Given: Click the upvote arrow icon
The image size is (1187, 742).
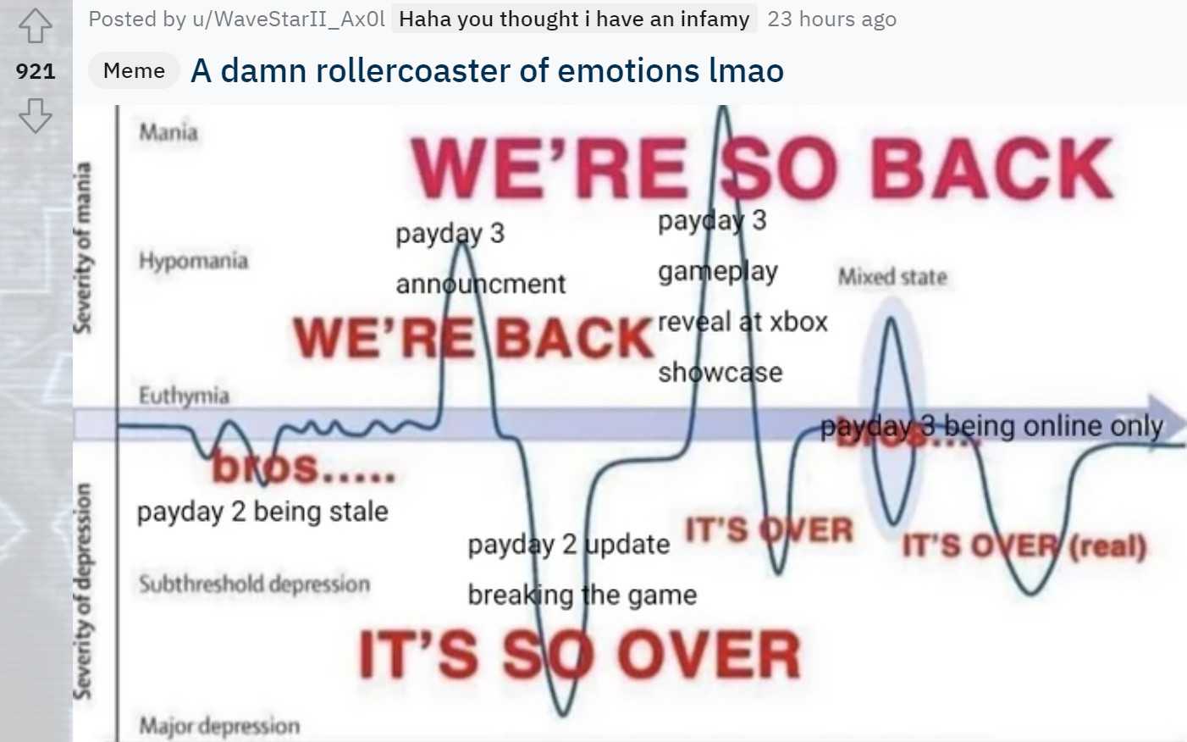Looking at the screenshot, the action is [35, 26].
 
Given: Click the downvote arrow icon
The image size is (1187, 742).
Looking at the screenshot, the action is [35, 115].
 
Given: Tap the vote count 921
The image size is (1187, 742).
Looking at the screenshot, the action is [36, 71].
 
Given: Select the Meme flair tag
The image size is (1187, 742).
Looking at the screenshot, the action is [134, 70].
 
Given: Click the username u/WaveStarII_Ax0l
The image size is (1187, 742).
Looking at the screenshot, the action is [289, 19].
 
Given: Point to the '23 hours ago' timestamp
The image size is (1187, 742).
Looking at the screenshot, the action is [832, 19].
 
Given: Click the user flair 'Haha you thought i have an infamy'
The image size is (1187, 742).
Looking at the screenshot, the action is [574, 19].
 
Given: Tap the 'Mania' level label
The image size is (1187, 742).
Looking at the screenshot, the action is [168, 132].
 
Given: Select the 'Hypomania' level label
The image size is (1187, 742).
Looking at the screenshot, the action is [193, 260].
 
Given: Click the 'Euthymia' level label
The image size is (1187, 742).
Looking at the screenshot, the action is [184, 396].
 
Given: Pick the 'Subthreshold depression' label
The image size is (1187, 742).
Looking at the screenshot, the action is [254, 584].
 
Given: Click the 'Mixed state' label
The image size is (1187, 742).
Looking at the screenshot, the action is [892, 277].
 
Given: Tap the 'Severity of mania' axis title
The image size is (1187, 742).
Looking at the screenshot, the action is [82, 248].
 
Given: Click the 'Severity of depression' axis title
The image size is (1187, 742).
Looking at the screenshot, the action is [82, 591].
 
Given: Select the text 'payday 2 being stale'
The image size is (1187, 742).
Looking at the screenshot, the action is [262, 512].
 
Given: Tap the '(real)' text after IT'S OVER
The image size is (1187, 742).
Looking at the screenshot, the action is [1107, 545].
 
